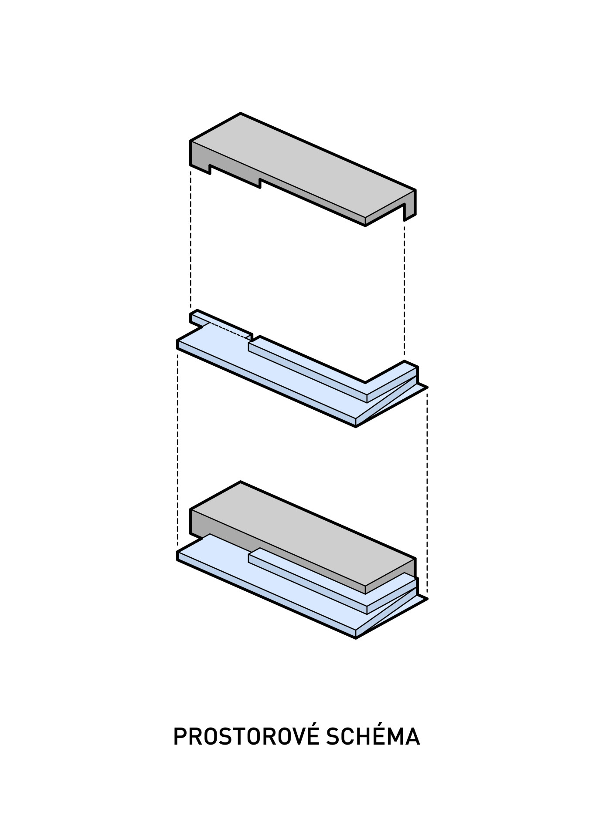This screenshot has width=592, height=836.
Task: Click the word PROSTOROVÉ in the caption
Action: (x=246, y=736)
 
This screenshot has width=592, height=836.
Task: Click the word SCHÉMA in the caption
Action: (x=373, y=736)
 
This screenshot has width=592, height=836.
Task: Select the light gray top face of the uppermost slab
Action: (x=301, y=165)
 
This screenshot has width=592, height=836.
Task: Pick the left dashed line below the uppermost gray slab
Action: (x=191, y=239)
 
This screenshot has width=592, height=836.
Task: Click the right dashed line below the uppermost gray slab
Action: (x=404, y=287)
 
